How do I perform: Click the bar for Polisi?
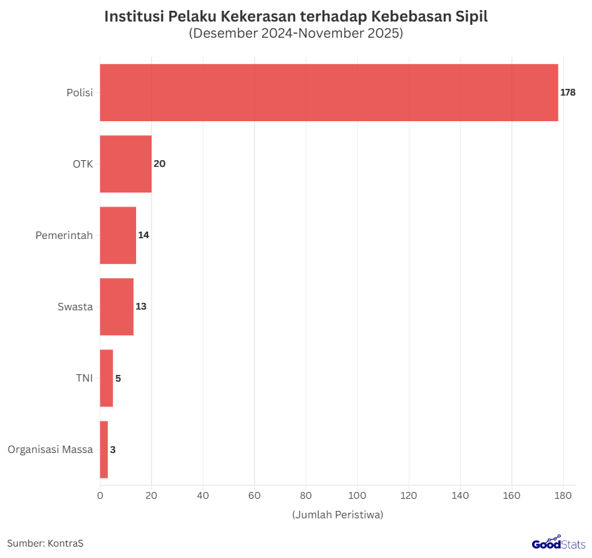point(329,93)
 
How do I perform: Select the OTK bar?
point(125,164)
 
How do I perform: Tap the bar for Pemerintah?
point(118,236)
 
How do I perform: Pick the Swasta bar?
point(117,307)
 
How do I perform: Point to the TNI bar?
point(106,378)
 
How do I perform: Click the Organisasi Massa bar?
point(104,450)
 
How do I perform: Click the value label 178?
point(568,93)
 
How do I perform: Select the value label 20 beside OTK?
point(160,164)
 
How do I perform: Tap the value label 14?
point(143,236)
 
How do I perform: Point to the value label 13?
point(141,307)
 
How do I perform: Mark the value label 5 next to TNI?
point(118,378)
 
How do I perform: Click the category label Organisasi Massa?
point(50,450)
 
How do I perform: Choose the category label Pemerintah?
point(64,236)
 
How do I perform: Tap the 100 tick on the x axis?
point(357,496)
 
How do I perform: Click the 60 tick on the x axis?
point(255,496)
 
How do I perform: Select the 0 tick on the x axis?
point(100,496)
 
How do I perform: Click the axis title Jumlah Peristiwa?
point(337,515)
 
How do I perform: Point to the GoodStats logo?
point(558,543)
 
